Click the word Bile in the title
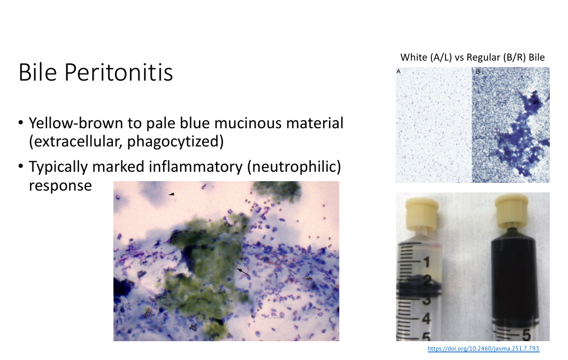point(38,72)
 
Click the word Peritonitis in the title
point(119,72)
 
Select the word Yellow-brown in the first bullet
point(76,123)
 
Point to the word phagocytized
point(175,142)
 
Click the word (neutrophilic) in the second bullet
point(294,167)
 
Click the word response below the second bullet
point(60,186)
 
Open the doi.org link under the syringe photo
point(483,348)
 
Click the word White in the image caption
point(413,57)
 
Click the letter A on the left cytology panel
point(398,71)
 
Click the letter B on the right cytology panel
point(478,71)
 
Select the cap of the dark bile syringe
point(511,210)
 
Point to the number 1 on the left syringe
point(426,262)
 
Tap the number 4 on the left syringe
point(426,319)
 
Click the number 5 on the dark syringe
point(526,335)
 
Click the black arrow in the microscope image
point(244,272)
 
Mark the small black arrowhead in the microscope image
point(171,194)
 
